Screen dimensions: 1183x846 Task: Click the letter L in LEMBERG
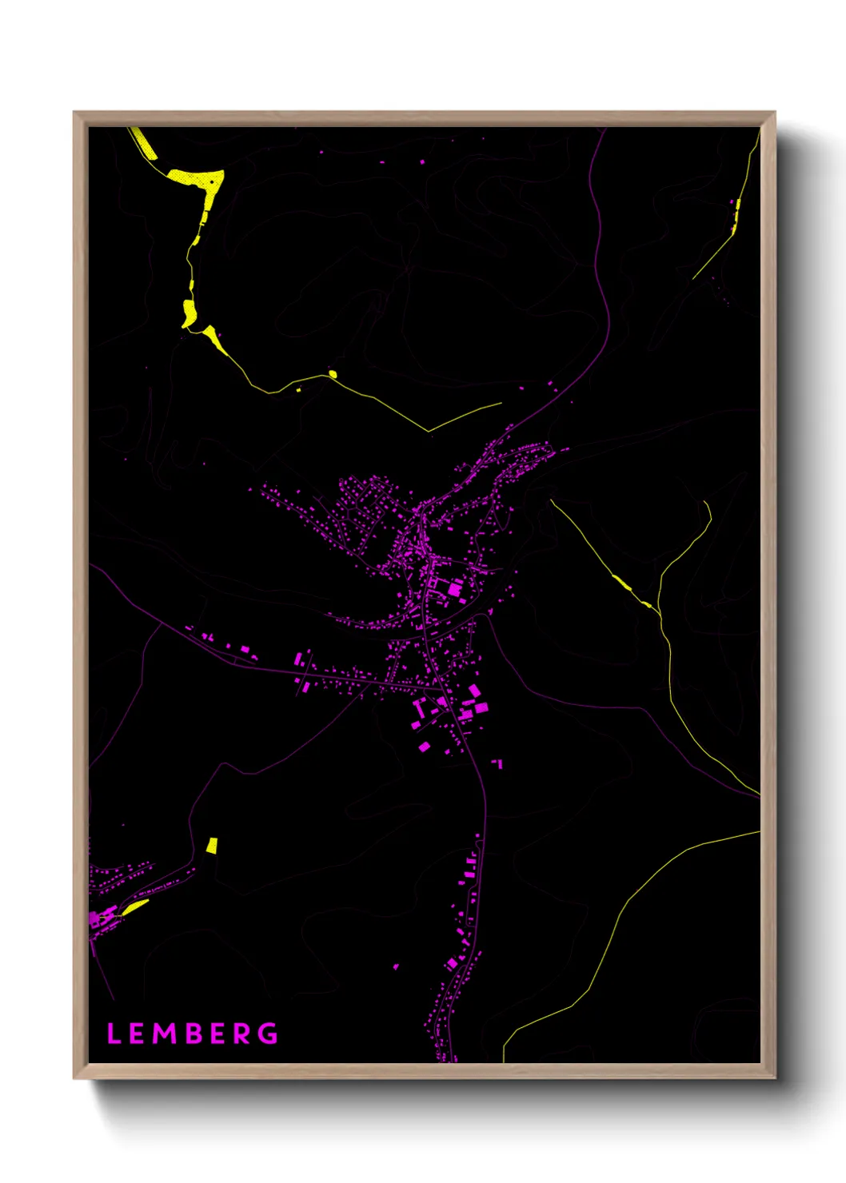coord(114,1034)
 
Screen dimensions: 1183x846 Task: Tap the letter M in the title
coord(166,1034)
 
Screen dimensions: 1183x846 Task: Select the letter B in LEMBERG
coord(193,1034)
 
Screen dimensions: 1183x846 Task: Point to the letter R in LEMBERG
coord(244,1034)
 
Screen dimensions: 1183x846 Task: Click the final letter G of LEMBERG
coord(269,1034)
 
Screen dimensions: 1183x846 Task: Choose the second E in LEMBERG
coord(218,1034)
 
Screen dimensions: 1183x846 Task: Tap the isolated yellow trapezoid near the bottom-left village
coord(212,846)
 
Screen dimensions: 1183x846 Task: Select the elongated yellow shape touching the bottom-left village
coord(134,906)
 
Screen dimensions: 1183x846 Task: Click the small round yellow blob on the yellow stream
coord(333,373)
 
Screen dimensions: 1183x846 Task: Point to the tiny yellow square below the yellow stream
coord(299,389)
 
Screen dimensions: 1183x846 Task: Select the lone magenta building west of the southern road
coord(396,966)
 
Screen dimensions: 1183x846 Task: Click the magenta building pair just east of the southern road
coord(498,764)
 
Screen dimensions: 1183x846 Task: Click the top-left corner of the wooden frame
coord(74,113)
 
